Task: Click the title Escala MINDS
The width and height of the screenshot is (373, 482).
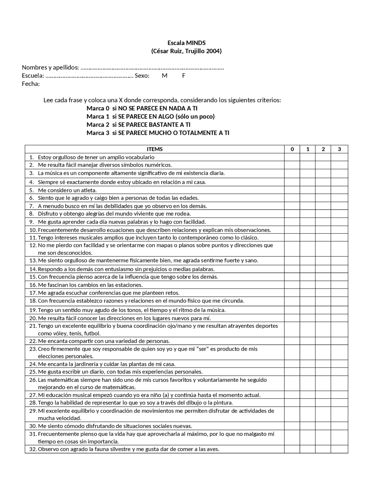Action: click(x=186, y=43)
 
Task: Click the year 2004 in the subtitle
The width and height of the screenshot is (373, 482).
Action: click(x=214, y=51)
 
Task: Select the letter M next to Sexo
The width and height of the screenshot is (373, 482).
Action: click(x=165, y=76)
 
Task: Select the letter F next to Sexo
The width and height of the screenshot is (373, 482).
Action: click(x=184, y=76)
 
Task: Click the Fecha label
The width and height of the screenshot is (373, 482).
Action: click(x=31, y=84)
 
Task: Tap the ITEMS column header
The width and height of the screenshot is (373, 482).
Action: click(x=154, y=149)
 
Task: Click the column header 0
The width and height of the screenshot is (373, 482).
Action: click(x=292, y=149)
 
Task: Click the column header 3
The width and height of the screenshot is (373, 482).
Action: click(x=339, y=149)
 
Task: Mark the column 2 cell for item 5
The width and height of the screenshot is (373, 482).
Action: click(x=323, y=190)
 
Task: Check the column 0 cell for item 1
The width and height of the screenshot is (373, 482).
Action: click(x=292, y=157)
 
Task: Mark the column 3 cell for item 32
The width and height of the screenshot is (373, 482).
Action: click(x=339, y=449)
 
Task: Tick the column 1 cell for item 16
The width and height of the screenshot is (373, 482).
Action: click(x=307, y=285)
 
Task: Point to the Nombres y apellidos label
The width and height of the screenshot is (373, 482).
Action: click(x=50, y=68)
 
